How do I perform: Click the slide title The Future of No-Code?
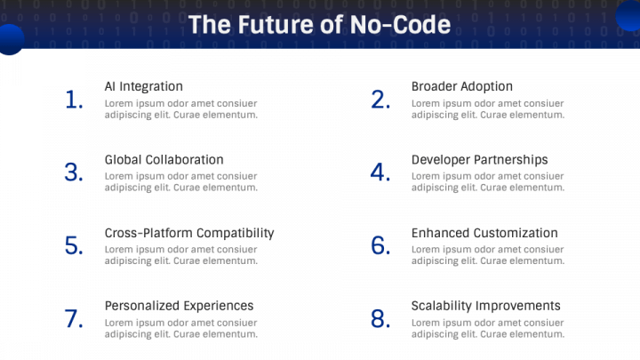[x=319, y=24]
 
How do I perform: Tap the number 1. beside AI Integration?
[x=75, y=100]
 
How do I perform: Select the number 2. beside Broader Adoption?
[x=381, y=100]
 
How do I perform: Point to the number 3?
[x=74, y=173]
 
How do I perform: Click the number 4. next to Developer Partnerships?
[x=381, y=173]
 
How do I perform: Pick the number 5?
[x=74, y=246]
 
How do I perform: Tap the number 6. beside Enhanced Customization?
[x=381, y=246]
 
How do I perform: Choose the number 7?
[x=74, y=319]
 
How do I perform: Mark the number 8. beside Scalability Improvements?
[x=381, y=319]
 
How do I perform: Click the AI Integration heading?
[x=144, y=86]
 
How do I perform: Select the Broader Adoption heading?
[x=461, y=86]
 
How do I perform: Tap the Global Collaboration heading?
[x=164, y=160]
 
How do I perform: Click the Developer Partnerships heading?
[x=479, y=160]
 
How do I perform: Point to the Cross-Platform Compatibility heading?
[x=189, y=233]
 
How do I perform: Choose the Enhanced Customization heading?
[x=484, y=233]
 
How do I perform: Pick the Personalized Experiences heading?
[x=179, y=306]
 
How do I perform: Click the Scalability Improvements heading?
[x=485, y=306]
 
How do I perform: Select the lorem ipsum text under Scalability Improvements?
[x=487, y=329]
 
